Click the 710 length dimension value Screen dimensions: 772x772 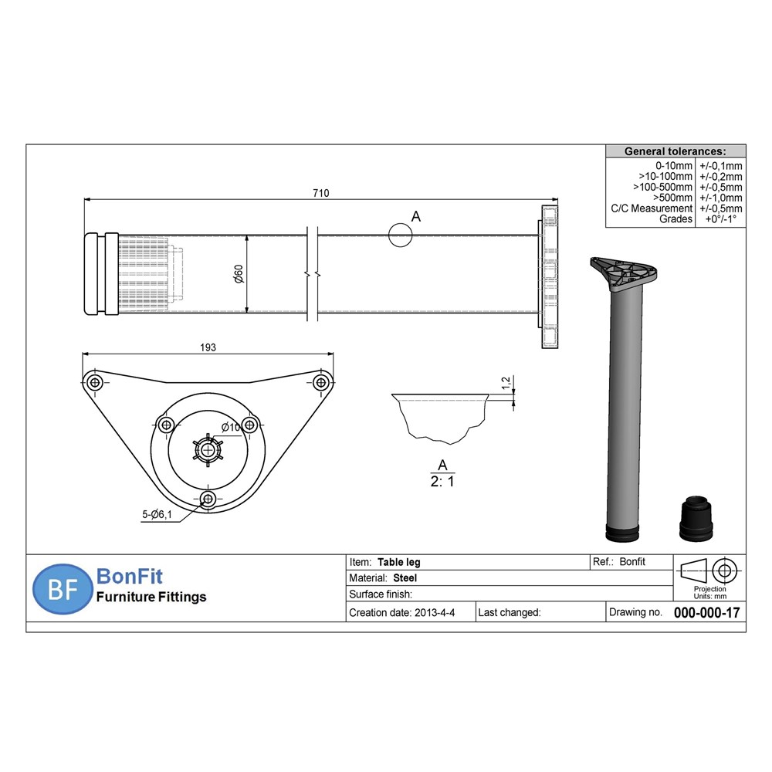[321, 194]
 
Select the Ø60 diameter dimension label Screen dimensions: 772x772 [239, 274]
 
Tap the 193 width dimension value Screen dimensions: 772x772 [208, 347]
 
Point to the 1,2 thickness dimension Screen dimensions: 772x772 [506, 382]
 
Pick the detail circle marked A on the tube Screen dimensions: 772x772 [400, 235]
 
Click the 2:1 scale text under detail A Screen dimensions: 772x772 [442, 481]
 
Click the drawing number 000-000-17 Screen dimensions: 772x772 [706, 612]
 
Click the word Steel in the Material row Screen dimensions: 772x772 [406, 577]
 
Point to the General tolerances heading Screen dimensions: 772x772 [674, 151]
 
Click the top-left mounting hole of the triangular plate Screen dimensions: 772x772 [95, 382]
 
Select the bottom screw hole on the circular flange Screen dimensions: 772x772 [207, 499]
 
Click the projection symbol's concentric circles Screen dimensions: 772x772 [723, 571]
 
